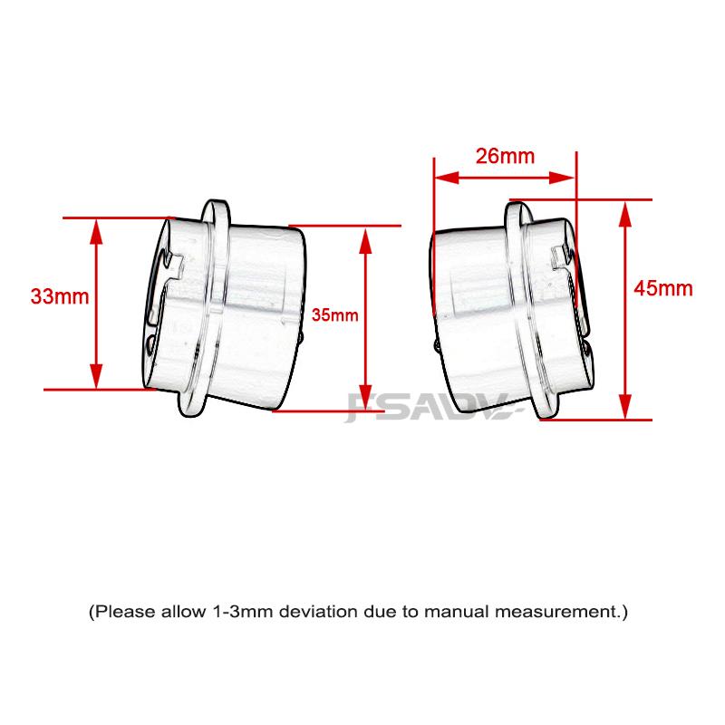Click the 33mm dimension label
[53, 296]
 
